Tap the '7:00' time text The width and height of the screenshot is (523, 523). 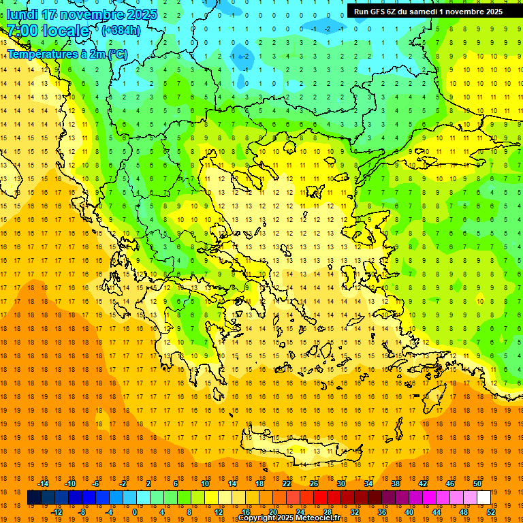22,31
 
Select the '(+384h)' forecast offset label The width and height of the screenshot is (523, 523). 121,30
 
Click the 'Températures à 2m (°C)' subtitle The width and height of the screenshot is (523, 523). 66,53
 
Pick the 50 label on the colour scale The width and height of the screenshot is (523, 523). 477,484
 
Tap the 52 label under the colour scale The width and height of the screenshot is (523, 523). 491,512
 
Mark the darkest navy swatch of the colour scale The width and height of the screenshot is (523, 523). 34,498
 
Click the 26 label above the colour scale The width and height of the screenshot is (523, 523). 314,484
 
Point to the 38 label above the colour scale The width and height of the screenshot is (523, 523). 396,484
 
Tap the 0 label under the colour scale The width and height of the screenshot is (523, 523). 136,512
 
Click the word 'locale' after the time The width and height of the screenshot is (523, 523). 66,31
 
